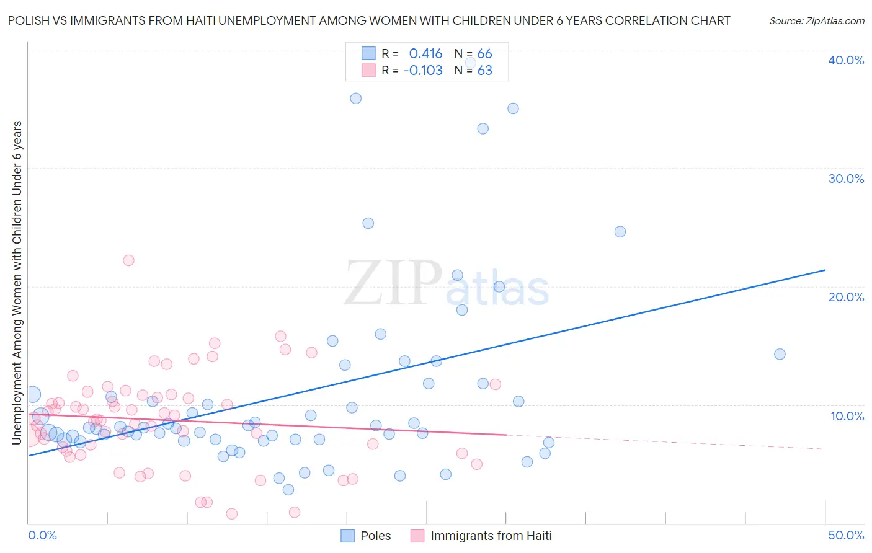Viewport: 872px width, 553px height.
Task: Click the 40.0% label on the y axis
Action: [x=845, y=60]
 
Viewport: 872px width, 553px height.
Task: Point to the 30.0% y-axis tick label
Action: [x=845, y=179]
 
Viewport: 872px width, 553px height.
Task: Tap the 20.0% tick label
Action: [x=845, y=297]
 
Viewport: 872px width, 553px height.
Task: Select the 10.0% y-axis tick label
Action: [x=847, y=416]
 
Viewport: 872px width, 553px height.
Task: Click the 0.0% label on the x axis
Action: [x=42, y=535]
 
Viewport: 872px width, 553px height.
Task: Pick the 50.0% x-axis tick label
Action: [x=845, y=535]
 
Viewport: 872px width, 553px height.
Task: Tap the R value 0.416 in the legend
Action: [x=425, y=54]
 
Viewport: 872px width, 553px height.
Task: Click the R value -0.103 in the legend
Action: [x=422, y=71]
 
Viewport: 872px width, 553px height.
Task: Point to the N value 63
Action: [x=484, y=71]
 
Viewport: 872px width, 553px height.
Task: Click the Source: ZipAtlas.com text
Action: [x=816, y=20]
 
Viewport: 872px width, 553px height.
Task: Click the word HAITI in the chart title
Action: [x=200, y=20]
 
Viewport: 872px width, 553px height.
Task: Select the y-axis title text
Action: [x=17, y=282]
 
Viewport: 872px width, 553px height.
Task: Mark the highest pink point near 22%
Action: [x=128, y=260]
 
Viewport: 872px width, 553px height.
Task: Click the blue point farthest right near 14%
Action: [x=780, y=354]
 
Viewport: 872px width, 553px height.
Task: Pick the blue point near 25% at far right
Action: [x=620, y=232]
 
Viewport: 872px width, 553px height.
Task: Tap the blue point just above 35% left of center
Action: [x=355, y=99]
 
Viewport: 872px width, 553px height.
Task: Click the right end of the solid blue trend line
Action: [x=825, y=270]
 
